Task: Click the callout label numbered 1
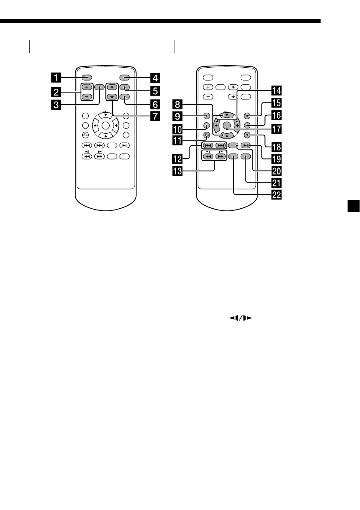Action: pyautogui.click(x=56, y=78)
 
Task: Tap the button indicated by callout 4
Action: pyautogui.click(x=126, y=78)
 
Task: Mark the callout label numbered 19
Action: pyautogui.click(x=276, y=157)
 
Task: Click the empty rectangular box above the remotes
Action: pyautogui.click(x=102, y=46)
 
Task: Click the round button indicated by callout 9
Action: pyautogui.click(x=207, y=116)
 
